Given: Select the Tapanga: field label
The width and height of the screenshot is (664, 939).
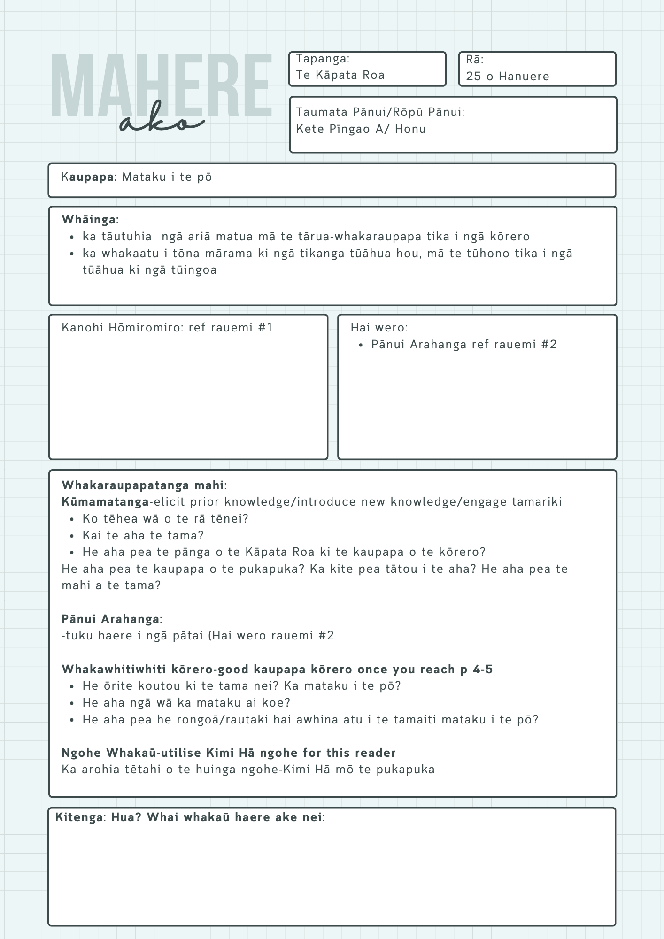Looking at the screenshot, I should [323, 59].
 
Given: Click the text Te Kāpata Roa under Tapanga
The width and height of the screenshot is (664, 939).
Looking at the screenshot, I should [340, 75].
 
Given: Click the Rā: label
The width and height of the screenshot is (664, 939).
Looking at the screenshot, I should [475, 60].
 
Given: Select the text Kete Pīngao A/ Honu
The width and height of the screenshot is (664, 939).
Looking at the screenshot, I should [361, 129].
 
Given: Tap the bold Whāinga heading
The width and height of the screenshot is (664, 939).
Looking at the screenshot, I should [90, 219].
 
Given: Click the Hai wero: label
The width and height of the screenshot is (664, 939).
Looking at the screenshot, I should [379, 328].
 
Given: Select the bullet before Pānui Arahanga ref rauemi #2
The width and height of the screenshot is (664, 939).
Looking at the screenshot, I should [361, 345].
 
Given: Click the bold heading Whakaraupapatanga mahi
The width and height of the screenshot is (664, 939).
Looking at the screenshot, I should [143, 485].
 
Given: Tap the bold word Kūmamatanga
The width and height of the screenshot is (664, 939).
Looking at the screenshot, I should [105, 502].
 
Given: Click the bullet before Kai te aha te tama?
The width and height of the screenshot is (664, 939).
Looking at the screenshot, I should [72, 536].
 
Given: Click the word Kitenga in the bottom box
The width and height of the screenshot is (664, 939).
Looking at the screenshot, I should [80, 817].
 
